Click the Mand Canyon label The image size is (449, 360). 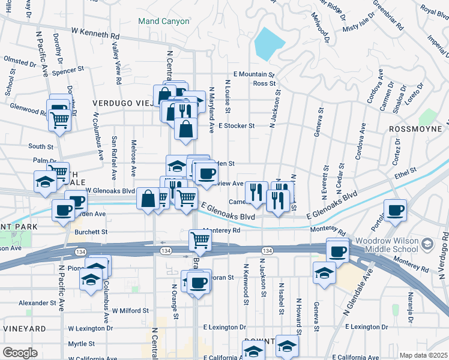163,21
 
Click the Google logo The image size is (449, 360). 20,353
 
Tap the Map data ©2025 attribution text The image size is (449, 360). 423,355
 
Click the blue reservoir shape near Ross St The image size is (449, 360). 269,43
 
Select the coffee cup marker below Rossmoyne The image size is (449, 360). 395,211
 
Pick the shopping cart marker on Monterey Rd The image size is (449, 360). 200,241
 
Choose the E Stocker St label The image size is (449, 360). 237,126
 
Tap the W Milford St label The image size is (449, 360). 130,311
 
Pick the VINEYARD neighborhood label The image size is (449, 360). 24,329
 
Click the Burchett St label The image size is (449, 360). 91,231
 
